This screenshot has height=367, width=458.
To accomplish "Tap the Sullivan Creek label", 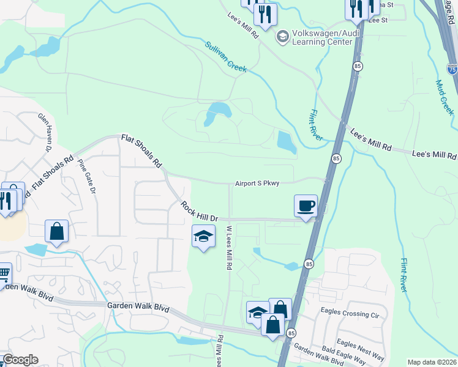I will (226, 57).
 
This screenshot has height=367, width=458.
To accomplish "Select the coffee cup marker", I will (306, 206).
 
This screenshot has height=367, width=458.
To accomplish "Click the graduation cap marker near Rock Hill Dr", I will (203, 236).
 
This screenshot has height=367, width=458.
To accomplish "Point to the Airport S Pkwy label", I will (257, 183).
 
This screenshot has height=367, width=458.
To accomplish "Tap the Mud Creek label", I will (445, 97).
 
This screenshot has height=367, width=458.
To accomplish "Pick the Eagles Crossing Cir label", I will (350, 316).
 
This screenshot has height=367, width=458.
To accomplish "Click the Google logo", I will (20, 360).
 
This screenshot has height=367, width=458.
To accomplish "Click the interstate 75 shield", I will (452, 69).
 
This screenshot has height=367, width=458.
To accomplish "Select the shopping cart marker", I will (4, 272).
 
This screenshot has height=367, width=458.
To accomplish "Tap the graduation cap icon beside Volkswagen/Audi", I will (282, 37).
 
